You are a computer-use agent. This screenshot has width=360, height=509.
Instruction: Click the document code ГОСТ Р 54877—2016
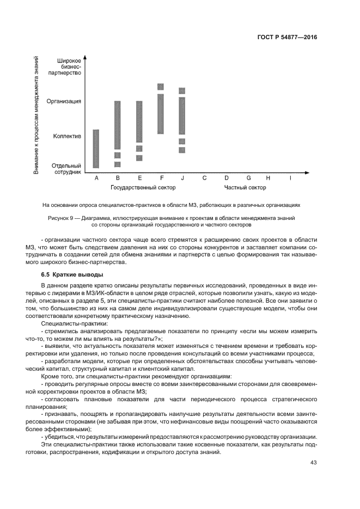287,38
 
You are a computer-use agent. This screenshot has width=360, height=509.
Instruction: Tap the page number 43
313,463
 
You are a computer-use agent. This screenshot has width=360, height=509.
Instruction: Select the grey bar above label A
96,149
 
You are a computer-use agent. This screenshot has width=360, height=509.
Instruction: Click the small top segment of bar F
161,87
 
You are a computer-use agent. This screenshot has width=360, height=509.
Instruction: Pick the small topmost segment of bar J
182,90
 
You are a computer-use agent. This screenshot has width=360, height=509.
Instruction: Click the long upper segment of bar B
117,125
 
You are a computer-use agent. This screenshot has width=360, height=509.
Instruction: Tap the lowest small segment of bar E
139,158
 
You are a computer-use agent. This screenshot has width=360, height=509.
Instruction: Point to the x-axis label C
204,178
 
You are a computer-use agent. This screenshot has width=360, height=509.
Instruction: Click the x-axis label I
290,178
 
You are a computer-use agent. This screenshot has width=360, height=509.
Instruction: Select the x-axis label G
248,178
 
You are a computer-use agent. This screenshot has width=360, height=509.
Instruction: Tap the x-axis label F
161,178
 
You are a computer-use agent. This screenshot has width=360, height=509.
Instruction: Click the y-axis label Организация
64,101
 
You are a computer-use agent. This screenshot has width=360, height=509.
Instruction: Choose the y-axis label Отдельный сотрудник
67,168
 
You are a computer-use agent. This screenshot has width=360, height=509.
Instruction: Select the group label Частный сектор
246,188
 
